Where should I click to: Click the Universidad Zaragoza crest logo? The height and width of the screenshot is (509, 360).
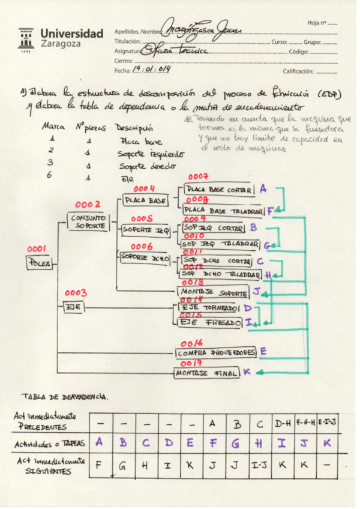click(x=26, y=40)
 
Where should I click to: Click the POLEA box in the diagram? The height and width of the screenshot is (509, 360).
click(x=40, y=262)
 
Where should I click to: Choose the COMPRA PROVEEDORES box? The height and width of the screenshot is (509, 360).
click(x=217, y=352)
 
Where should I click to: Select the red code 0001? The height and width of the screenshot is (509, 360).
click(x=37, y=248)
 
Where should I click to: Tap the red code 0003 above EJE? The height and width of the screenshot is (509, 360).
click(x=76, y=293)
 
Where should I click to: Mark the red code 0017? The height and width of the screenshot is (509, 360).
click(x=190, y=363)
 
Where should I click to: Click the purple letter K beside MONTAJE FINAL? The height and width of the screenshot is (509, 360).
click(x=246, y=372)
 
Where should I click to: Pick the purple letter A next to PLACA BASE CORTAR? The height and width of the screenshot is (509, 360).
click(x=263, y=188)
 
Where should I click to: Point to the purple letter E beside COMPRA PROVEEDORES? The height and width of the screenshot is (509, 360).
click(x=263, y=351)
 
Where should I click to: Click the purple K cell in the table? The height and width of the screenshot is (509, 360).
click(x=326, y=443)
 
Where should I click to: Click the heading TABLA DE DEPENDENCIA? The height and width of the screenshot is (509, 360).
click(x=65, y=396)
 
